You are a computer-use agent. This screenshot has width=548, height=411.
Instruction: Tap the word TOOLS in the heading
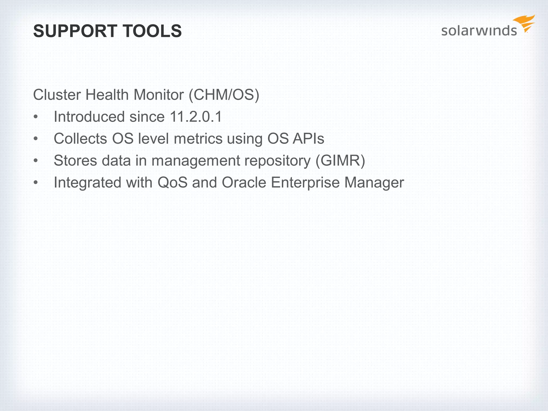tap(153, 31)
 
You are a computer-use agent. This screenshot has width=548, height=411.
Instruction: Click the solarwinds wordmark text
tap(479, 31)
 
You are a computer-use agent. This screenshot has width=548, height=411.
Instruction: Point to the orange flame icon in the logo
tap(525, 23)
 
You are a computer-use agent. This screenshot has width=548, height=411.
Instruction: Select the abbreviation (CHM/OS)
tap(224, 95)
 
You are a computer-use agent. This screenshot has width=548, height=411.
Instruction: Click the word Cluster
tap(56, 95)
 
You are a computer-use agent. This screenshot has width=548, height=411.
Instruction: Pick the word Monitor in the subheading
tap(159, 95)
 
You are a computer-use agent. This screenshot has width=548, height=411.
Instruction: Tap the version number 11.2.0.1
tap(196, 117)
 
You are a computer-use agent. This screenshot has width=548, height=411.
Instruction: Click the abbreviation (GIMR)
tap(340, 161)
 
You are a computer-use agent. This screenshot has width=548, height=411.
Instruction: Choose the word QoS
tap(173, 182)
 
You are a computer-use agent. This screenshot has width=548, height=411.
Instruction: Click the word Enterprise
tap(305, 182)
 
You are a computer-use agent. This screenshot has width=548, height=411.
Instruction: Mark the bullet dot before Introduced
tap(36, 117)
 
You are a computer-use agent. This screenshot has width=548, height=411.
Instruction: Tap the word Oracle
tap(244, 182)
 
